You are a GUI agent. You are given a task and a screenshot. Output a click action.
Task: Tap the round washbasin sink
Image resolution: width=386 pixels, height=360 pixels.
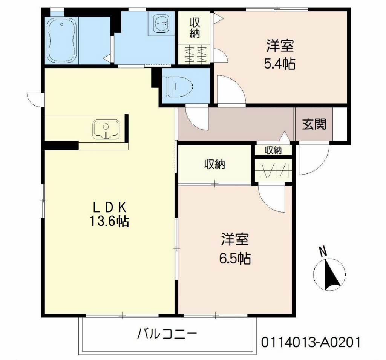pos(161,22)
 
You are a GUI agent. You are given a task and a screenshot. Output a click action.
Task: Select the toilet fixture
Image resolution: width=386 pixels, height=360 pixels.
pos(178,86)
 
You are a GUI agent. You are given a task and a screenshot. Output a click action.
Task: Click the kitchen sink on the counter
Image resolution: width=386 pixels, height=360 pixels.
pos(106,129)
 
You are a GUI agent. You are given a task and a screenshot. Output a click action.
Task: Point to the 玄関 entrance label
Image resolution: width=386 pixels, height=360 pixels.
pos(314,124)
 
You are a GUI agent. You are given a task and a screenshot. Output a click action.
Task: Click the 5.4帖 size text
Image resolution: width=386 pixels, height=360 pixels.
pos(280,64)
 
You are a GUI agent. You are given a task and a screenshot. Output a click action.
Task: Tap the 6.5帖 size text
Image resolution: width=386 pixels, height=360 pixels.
pos(235,259)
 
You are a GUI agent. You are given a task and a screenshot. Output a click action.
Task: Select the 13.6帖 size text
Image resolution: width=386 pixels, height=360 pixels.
pos(109,221)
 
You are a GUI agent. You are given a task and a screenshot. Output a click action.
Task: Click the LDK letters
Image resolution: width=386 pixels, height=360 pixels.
pos(109,208)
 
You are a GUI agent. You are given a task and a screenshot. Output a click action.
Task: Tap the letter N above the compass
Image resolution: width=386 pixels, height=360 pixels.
pos(323,251)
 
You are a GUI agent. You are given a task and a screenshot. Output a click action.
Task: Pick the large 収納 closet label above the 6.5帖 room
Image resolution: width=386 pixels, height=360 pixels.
pos(214,164)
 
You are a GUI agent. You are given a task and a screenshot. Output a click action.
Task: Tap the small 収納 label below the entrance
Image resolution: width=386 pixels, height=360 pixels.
pos(273,150)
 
